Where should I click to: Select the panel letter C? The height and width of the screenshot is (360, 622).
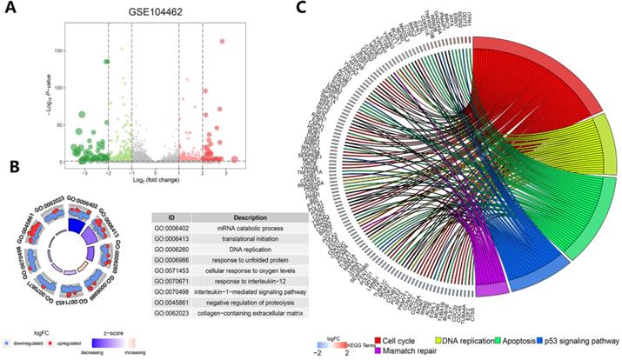[x=324, y=10]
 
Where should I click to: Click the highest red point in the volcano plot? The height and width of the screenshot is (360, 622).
[x=223, y=41]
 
